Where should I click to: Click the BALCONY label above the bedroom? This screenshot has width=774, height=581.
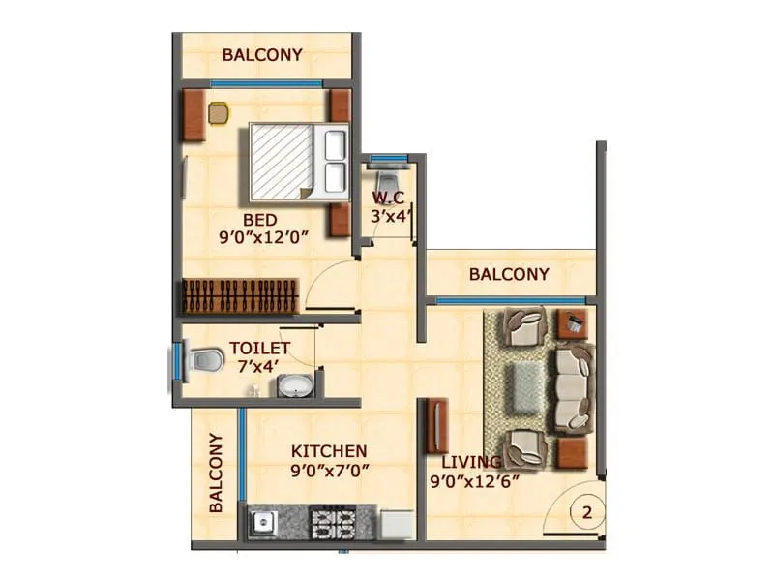pos(262,55)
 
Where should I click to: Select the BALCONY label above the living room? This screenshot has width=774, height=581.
pos(509,274)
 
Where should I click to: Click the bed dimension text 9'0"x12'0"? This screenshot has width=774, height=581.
pos(261,234)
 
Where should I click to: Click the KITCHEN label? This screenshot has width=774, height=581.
pos(329,451)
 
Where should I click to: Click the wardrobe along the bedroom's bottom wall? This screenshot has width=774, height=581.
pos(239,295)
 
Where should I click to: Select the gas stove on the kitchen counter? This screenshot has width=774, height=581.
pos(332,523)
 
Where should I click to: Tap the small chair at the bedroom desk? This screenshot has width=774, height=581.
pos(219,112)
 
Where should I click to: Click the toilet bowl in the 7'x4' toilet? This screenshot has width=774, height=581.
pos(204,361)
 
